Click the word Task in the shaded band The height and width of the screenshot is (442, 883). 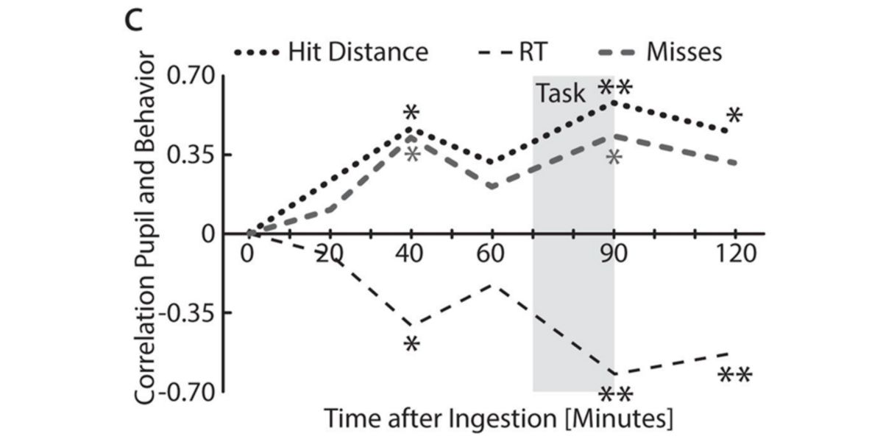click(x=560, y=94)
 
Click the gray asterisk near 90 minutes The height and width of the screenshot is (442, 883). click(x=614, y=158)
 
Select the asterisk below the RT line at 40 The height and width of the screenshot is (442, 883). click(x=411, y=345)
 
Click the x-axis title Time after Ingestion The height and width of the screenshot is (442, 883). click(x=499, y=418)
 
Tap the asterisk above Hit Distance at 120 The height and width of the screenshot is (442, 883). click(x=734, y=116)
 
